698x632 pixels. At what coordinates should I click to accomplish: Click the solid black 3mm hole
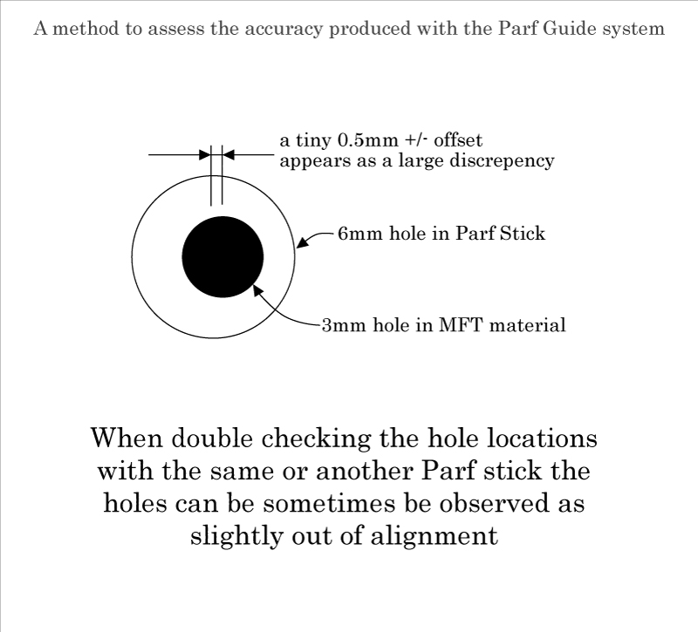pyautogui.click(x=222, y=256)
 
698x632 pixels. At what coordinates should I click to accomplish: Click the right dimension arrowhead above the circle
pyautogui.click(x=229, y=155)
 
